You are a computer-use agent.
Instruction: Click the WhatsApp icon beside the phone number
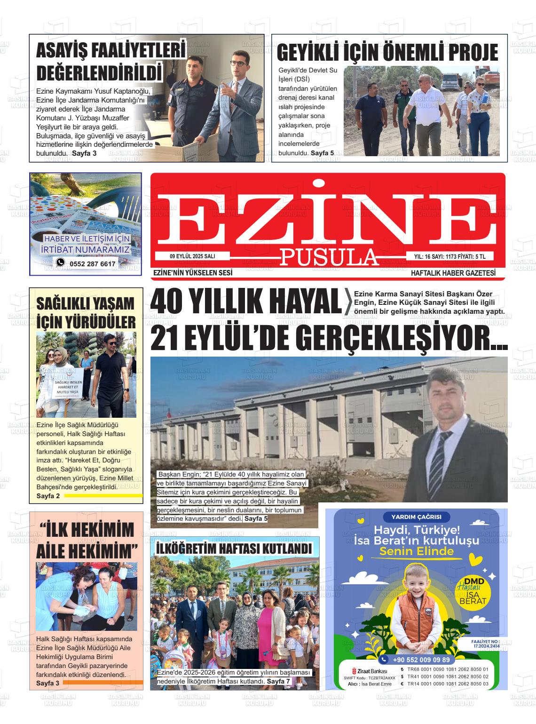[60, 263]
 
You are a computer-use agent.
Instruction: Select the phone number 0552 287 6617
[92, 264]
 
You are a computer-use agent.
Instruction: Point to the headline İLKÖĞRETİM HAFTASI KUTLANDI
[234, 549]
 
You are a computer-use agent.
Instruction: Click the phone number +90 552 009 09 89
[420, 660]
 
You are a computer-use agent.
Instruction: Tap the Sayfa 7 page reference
[279, 682]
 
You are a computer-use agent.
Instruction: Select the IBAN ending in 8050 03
[448, 684]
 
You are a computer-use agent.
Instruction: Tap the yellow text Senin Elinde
[417, 551]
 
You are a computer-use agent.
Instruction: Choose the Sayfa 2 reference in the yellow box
[48, 496]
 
